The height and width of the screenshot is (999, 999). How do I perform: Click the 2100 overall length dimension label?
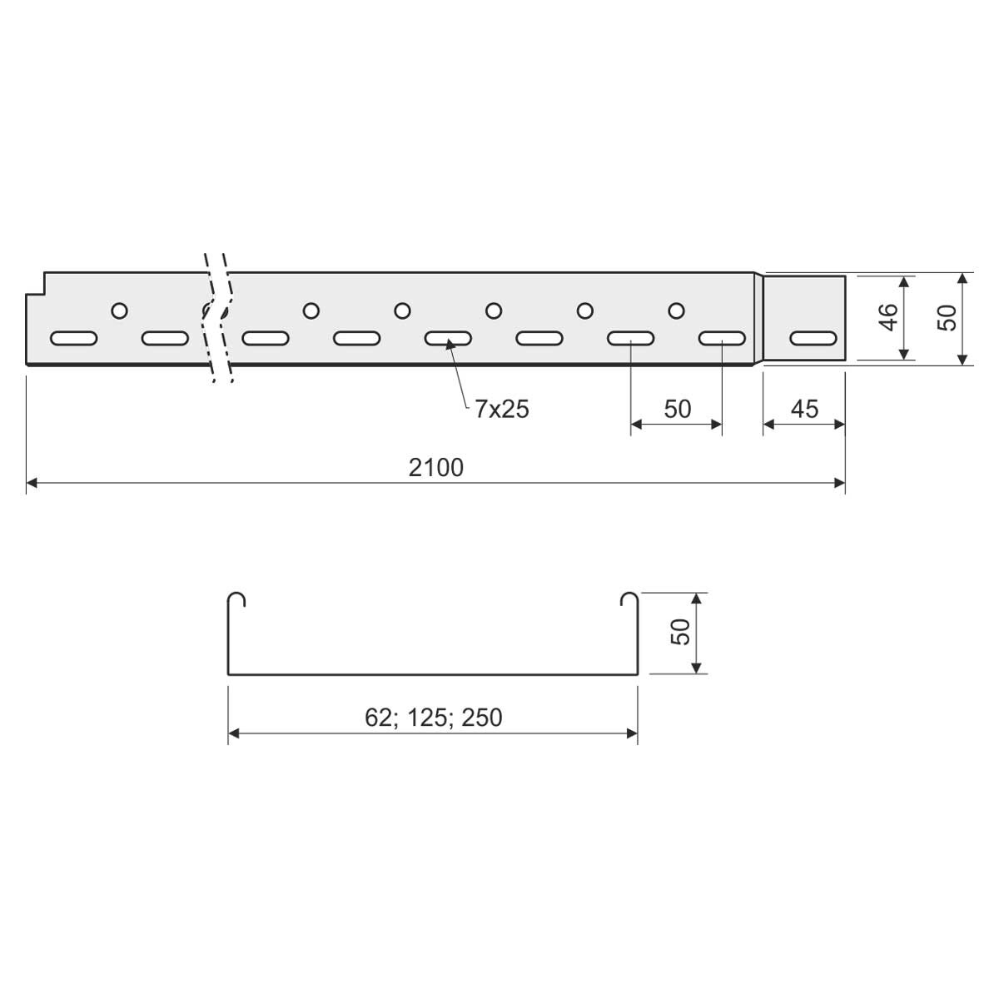click(436, 467)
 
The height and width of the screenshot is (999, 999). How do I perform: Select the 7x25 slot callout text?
click(502, 409)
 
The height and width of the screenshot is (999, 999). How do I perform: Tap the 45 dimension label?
click(804, 409)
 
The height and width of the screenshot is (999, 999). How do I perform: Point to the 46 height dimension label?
click(888, 316)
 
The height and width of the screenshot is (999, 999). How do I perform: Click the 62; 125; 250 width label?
click(434, 718)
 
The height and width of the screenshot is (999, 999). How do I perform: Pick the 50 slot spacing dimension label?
click(678, 409)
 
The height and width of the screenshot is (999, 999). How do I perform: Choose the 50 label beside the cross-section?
click(681, 632)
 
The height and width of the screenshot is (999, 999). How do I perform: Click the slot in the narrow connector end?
click(813, 339)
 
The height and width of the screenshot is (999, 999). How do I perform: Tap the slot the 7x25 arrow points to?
click(448, 339)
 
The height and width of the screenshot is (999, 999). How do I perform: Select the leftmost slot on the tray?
click(73, 339)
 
